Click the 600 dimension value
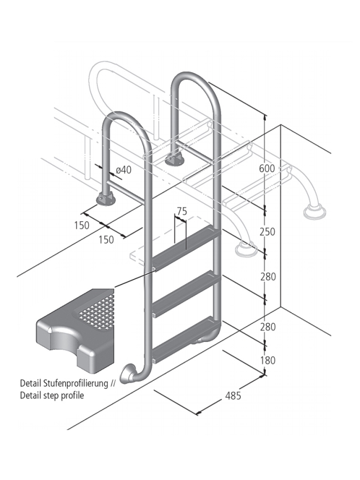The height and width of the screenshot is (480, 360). (x=267, y=169)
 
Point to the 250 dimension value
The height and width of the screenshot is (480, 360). (x=267, y=231)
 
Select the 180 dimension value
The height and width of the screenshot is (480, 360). (x=267, y=361)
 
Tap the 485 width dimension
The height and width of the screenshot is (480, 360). (x=233, y=396)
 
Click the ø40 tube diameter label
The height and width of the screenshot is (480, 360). (x=123, y=170)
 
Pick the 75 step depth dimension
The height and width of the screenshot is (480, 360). (x=181, y=211)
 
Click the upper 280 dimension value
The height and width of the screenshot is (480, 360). (x=267, y=276)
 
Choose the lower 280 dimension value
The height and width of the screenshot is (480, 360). (x=267, y=327)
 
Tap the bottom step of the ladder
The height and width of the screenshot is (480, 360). (x=184, y=337)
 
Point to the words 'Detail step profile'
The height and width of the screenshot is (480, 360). (x=52, y=396)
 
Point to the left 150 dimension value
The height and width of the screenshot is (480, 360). (x=82, y=225)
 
